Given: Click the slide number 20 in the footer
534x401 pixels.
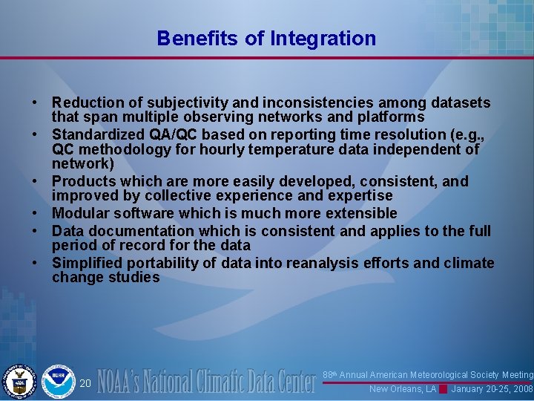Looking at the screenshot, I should click(85, 383).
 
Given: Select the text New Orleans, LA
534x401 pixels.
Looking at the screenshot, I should click(403, 389).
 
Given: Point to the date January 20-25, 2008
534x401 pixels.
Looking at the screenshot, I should click(492, 389).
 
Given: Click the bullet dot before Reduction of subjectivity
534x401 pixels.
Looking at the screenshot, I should click(35, 102).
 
